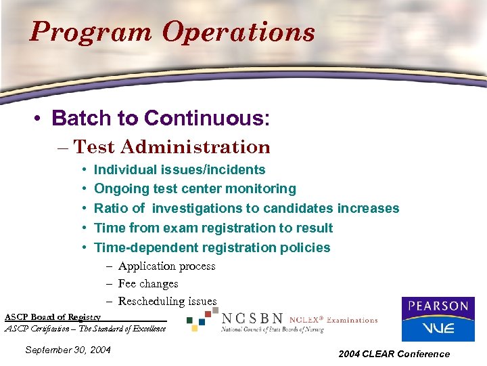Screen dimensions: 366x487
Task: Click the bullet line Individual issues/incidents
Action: click(x=179, y=169)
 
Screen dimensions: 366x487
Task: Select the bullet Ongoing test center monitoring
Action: click(x=195, y=189)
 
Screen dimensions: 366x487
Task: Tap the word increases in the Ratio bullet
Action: click(x=366, y=208)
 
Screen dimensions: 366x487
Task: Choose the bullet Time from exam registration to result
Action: click(x=213, y=228)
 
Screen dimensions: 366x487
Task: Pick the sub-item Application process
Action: click(x=166, y=266)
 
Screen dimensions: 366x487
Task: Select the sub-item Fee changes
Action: click(x=148, y=284)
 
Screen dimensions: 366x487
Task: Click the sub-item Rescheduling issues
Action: click(x=167, y=301)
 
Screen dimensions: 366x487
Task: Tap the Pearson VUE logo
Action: click(x=438, y=319)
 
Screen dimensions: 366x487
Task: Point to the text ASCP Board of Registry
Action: click(x=53, y=317)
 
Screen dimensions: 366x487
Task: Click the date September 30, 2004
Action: click(x=68, y=350)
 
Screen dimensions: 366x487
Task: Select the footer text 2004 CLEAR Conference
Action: click(x=394, y=353)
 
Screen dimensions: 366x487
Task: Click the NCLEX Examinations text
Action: click(x=333, y=319)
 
